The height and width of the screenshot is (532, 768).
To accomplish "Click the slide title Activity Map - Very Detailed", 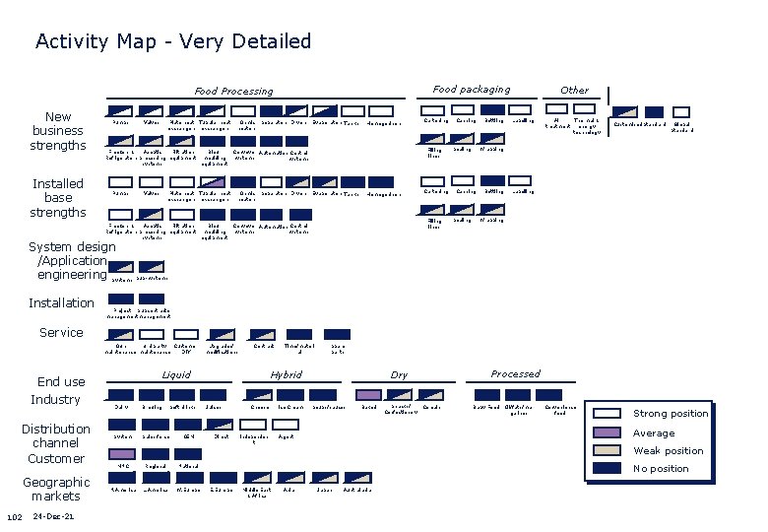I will tap(173, 41).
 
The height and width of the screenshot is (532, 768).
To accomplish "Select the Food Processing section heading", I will tap(233, 92).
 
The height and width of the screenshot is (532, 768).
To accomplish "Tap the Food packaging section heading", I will tap(472, 90).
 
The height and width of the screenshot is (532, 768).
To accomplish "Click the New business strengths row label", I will tap(58, 131).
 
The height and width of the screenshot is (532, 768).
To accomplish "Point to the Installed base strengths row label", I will tap(58, 198).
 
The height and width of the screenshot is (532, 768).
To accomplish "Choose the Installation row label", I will tap(61, 302).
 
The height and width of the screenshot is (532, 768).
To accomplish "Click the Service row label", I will tap(61, 333).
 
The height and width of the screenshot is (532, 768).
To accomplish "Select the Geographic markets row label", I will tap(56, 489).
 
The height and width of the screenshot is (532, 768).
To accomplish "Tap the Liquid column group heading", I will tap(176, 375).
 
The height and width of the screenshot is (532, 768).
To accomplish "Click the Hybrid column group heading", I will tap(287, 375).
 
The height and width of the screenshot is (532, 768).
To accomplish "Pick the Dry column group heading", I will tap(400, 375).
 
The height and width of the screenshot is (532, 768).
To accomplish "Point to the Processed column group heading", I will tap(515, 374).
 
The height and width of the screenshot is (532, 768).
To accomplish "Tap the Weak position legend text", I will tap(668, 451).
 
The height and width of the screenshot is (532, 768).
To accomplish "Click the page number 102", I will tap(15, 518).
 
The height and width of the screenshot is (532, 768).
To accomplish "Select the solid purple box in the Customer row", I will tap(120, 452).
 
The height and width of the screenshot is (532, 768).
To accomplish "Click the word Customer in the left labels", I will tap(56, 459).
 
